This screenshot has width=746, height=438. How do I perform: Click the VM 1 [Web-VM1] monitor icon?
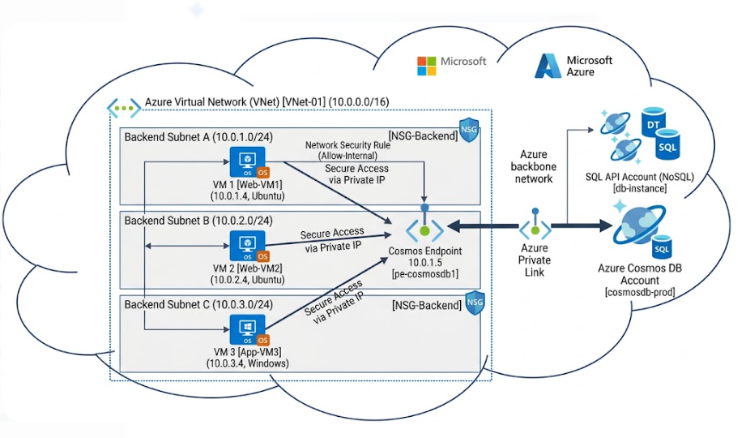click(244, 159)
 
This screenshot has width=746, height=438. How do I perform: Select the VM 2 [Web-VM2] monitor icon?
click(243, 242)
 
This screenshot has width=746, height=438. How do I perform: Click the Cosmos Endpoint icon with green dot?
click(424, 228)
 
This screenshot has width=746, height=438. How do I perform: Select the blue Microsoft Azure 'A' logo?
click(548, 66)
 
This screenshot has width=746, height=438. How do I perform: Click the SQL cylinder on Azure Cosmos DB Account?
click(663, 247)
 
